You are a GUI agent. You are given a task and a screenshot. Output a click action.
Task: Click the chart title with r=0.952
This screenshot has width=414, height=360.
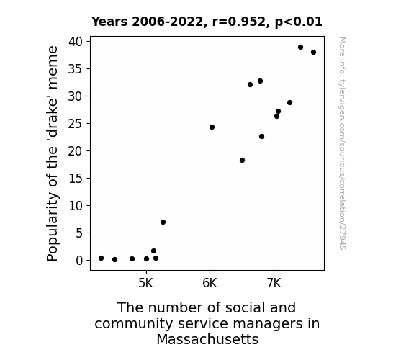pyautogui.click(x=207, y=22)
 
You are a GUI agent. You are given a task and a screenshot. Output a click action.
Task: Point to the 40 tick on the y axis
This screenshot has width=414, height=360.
pyautogui.click(x=76, y=42)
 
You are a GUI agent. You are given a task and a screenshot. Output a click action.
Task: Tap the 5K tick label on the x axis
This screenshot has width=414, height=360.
pyautogui.click(x=146, y=283)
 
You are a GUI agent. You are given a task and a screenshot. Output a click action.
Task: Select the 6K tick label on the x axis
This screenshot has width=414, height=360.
pyautogui.click(x=210, y=283)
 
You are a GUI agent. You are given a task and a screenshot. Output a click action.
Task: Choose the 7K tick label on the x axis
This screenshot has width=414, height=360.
pyautogui.click(x=274, y=283)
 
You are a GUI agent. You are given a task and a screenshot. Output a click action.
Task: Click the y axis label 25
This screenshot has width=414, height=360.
pyautogui.click(x=76, y=124)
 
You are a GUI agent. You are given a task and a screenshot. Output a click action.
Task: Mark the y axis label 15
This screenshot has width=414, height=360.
pyautogui.click(x=76, y=179)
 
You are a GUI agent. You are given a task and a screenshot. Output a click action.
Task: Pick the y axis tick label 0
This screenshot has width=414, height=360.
pyautogui.click(x=79, y=261)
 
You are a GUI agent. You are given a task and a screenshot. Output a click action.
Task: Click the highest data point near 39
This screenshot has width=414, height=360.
pyautogui.click(x=300, y=48)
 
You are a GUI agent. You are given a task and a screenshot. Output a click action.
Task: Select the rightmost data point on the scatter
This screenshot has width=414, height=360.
pyautogui.click(x=313, y=53)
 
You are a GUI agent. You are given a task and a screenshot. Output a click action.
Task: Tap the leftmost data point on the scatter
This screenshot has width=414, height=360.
pyautogui.click(x=101, y=258)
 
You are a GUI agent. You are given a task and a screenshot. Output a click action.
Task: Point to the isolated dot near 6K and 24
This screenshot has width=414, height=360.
pyautogui.click(x=212, y=127)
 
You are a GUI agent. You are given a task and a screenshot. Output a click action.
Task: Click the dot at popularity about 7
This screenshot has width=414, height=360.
pyautogui.click(x=163, y=222)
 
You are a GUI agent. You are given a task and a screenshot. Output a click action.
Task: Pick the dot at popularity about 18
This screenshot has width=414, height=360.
pyautogui.click(x=242, y=161)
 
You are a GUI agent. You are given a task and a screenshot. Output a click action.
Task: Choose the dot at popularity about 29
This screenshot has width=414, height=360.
pyautogui.click(x=289, y=102)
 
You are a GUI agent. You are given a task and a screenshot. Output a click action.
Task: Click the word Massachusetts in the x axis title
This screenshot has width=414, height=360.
pyautogui.click(x=207, y=339)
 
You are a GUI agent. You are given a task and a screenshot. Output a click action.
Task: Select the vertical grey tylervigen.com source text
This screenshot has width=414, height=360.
pyautogui.click(x=342, y=143)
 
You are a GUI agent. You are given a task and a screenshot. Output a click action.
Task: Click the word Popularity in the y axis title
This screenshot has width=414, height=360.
pyautogui.click(x=53, y=227)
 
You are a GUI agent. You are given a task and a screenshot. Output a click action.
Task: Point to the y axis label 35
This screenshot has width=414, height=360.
pyautogui.click(x=76, y=69)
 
